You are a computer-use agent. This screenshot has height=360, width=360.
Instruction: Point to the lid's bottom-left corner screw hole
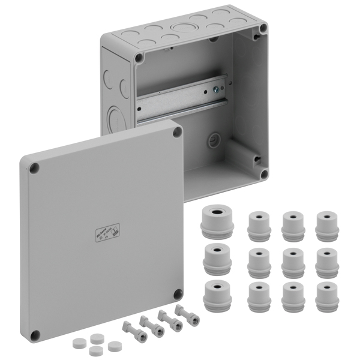35,334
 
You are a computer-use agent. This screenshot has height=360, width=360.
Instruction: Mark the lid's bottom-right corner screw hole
178,293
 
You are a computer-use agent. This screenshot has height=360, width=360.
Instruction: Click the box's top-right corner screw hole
262,28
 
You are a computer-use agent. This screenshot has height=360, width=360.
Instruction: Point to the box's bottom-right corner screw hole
263,174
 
